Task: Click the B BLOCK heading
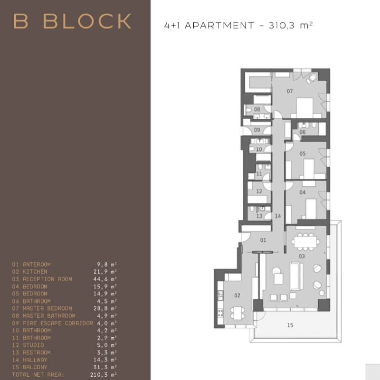click(72, 21)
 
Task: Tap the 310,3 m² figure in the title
click(291, 25)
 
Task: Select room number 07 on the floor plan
click(290, 91)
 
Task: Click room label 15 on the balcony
click(290, 325)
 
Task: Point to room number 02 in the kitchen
click(237, 295)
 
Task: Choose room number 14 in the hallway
click(278, 216)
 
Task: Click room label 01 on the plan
click(263, 240)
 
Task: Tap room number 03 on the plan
click(302, 256)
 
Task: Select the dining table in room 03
click(305, 242)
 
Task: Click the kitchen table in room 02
click(238, 313)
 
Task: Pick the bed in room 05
click(309, 169)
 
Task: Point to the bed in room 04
click(311, 209)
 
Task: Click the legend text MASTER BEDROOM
click(47, 308)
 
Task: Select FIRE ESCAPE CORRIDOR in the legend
click(57, 323)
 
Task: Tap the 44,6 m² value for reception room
click(105, 279)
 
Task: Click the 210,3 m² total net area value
click(104, 374)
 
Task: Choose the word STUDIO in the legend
click(33, 345)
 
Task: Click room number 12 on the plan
click(259, 191)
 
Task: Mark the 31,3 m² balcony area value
click(105, 367)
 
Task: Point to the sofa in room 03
click(296, 276)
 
